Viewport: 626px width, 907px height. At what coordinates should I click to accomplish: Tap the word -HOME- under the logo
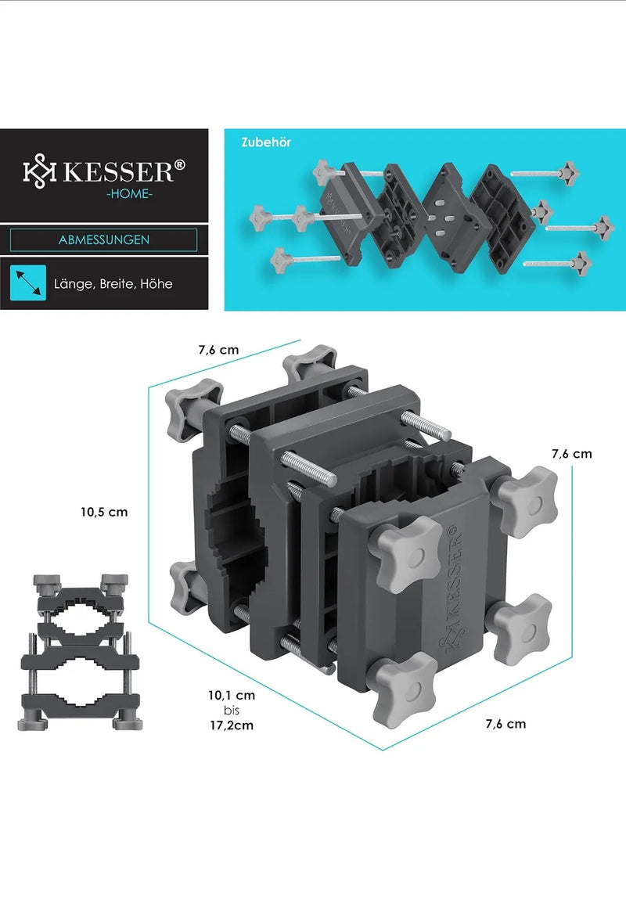[129, 194]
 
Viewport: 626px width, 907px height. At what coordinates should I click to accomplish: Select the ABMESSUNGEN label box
[103, 239]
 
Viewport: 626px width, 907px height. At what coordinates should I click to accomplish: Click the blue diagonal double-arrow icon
[27, 283]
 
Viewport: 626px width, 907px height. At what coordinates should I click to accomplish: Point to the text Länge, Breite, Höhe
[113, 284]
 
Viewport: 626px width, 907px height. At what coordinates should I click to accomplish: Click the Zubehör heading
[266, 142]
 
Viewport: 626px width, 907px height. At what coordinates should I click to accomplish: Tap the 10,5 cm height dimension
[104, 512]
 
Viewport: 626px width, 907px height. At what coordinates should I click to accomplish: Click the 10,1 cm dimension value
[232, 695]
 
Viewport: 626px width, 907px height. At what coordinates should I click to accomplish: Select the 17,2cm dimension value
[232, 725]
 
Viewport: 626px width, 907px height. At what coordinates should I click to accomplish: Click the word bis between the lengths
[232, 711]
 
